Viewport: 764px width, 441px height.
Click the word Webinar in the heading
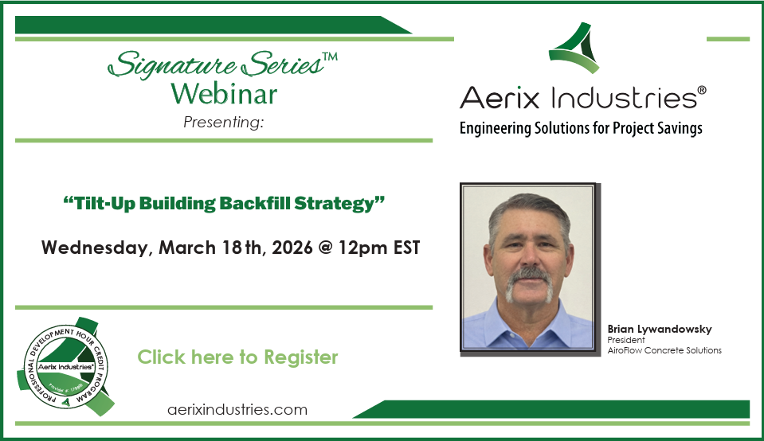[x=224, y=94]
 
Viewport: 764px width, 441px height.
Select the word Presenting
[x=223, y=122]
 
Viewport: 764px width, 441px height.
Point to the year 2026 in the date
[x=292, y=247]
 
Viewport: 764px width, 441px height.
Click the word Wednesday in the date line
[x=96, y=247]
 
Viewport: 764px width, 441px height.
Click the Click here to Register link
[x=237, y=357]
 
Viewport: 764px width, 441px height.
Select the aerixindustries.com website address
[x=237, y=409]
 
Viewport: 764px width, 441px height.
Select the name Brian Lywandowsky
[x=648, y=328]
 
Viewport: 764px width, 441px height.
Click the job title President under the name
[x=625, y=339]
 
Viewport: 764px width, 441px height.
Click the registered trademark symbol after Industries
[x=701, y=90]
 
